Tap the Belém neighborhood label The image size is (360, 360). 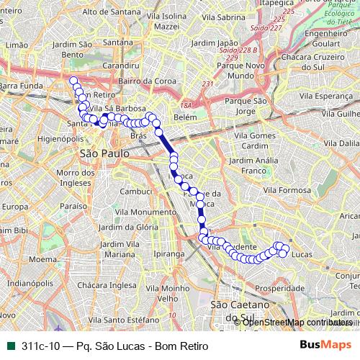tap(185, 115)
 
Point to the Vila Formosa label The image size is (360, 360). tap(286, 190)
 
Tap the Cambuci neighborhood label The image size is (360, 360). tap(136, 192)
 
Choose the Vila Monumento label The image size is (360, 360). tap(134, 212)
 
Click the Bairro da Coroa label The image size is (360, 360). tap(143, 81)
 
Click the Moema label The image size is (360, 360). tap(43, 258)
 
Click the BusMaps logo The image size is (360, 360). tap(325, 345)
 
